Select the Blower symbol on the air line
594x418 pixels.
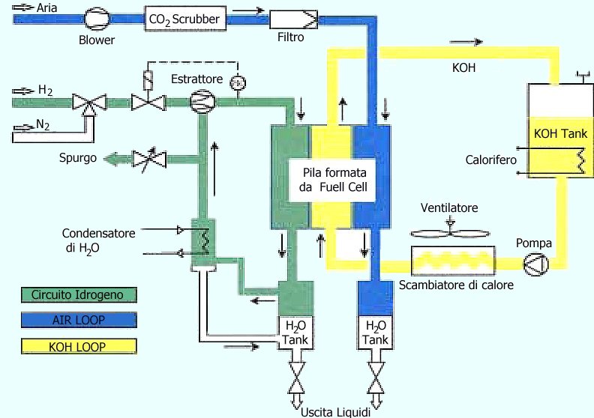[96, 17]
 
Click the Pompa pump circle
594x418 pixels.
[536, 263]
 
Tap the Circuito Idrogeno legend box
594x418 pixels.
[79, 294]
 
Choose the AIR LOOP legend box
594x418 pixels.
[79, 320]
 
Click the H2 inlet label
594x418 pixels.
[46, 91]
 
